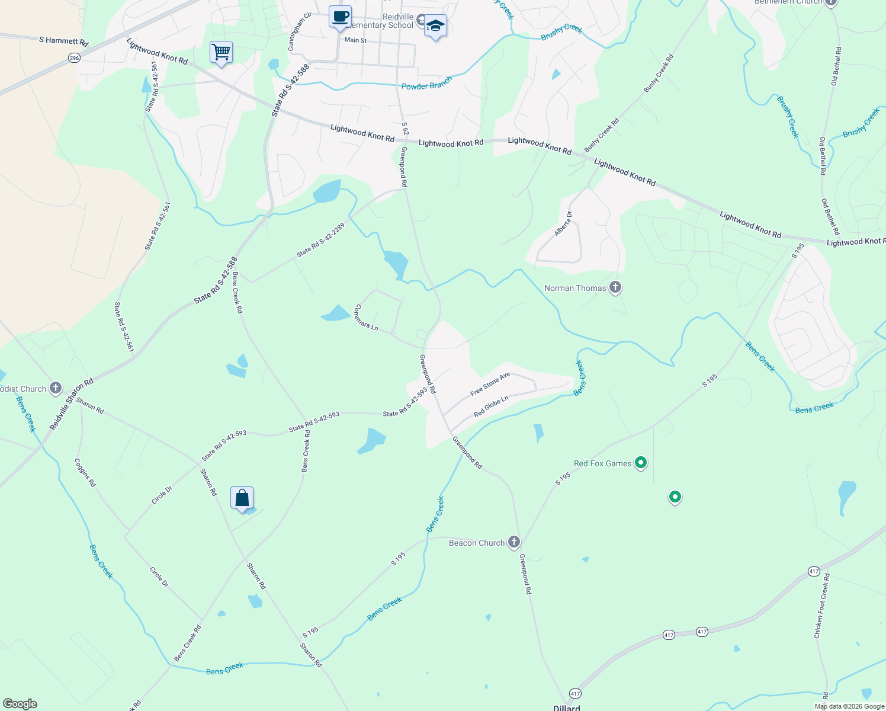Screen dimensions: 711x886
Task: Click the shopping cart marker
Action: pos(221,53)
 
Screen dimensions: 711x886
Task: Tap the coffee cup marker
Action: pos(340,17)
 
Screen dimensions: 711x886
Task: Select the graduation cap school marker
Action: pos(435,26)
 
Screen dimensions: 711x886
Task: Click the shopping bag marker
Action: pos(242,498)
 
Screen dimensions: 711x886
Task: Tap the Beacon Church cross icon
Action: pos(514,542)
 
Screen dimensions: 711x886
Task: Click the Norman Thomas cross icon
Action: pos(615,288)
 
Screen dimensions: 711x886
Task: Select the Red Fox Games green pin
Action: pos(640,463)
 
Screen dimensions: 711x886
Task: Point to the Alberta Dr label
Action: pos(563,224)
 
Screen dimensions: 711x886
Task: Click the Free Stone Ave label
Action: pos(490,385)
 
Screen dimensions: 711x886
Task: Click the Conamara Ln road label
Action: pos(365,318)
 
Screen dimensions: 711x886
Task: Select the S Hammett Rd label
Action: pos(63,41)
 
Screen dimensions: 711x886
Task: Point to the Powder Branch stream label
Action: pos(426,83)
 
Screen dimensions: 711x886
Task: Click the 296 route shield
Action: pos(74,57)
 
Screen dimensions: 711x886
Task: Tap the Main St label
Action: pos(355,40)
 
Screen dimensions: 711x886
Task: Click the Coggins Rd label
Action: pos(85,473)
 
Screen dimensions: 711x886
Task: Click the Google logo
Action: pos(20,704)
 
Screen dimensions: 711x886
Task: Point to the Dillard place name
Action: pos(566,707)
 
